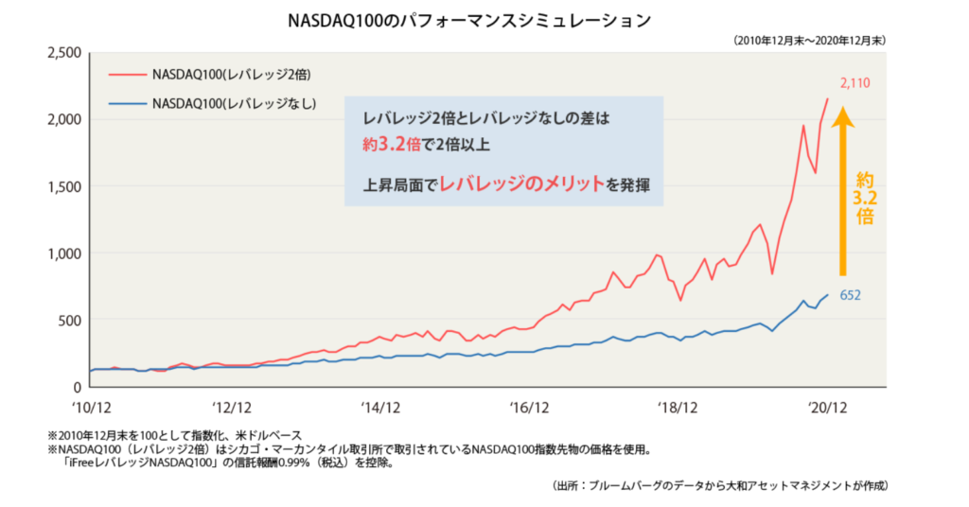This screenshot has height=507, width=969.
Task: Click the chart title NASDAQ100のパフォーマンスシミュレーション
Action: tap(484, 19)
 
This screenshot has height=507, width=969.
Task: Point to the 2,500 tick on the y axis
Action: tap(63, 52)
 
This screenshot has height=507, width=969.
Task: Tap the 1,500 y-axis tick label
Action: tap(63, 186)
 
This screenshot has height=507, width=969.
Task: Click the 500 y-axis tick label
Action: tap(69, 320)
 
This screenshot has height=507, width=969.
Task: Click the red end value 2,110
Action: tap(854, 83)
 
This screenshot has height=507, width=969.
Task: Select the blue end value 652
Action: tap(850, 295)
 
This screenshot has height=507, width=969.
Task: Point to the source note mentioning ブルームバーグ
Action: tap(720, 485)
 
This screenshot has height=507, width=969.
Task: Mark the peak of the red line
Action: tap(828, 98)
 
